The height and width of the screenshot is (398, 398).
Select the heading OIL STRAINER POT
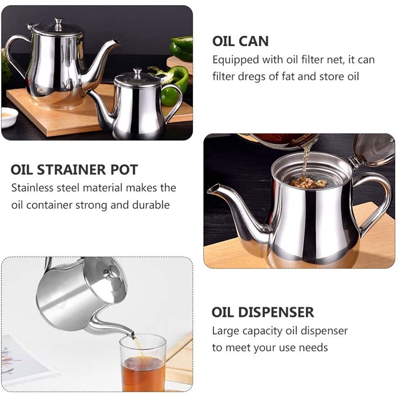pos(74,170)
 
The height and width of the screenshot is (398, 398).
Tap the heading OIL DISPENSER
pos(263,312)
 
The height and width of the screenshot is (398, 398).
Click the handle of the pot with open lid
pos(374,199)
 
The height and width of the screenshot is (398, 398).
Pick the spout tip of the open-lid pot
pos(211,189)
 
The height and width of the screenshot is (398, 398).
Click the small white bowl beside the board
pos(9,116)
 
